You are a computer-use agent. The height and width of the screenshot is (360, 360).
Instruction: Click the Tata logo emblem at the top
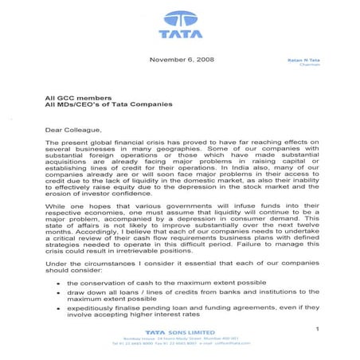181,18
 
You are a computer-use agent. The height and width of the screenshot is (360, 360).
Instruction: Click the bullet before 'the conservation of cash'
59,283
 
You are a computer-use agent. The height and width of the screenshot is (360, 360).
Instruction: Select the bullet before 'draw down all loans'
59,294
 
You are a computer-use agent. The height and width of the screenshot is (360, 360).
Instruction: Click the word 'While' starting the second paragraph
56,204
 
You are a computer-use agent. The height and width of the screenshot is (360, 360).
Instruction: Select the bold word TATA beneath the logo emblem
181,34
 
